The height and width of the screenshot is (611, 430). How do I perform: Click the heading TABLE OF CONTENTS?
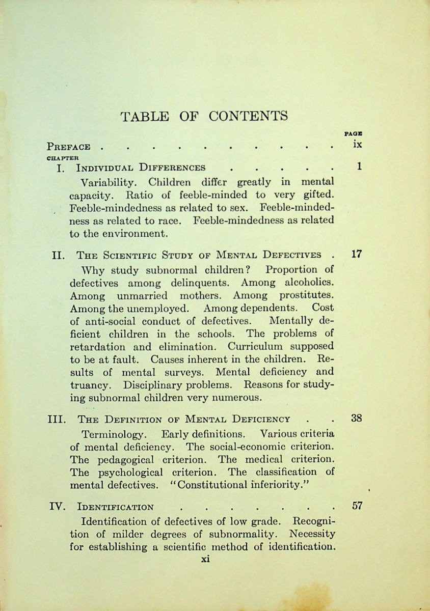point(204,116)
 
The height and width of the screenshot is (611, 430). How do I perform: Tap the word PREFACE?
point(68,147)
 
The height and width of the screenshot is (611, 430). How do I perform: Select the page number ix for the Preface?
point(357,144)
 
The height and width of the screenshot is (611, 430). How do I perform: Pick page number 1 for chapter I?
point(359,166)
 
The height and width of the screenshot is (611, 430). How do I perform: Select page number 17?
point(357,254)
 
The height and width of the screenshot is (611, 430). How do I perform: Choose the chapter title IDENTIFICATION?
point(115,507)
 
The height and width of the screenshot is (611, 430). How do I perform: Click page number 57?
point(357,506)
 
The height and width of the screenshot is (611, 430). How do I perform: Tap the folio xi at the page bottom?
point(205,559)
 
